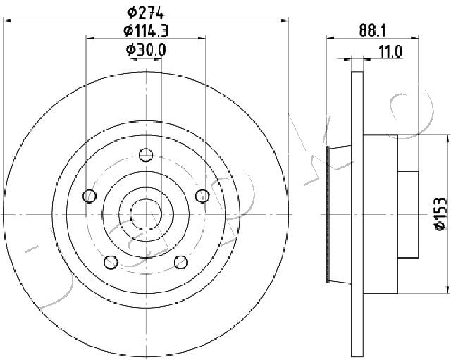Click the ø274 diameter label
pos(146,12)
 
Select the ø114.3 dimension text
pos(146,30)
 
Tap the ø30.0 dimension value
pos(146,50)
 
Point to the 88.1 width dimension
pos(372,30)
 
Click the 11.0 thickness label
pos(390,52)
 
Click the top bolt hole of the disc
pos(146,155)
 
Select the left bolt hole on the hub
pos(89,196)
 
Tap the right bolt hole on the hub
pos(202,196)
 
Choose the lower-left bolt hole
pos(111,262)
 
